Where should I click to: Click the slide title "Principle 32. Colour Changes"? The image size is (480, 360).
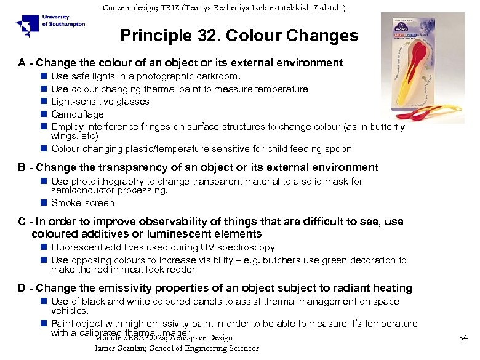coord(239,36)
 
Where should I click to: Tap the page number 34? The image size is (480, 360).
coord(463,337)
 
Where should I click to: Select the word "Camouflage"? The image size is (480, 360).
coord(78,114)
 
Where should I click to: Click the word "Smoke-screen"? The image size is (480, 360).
coord(82,203)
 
